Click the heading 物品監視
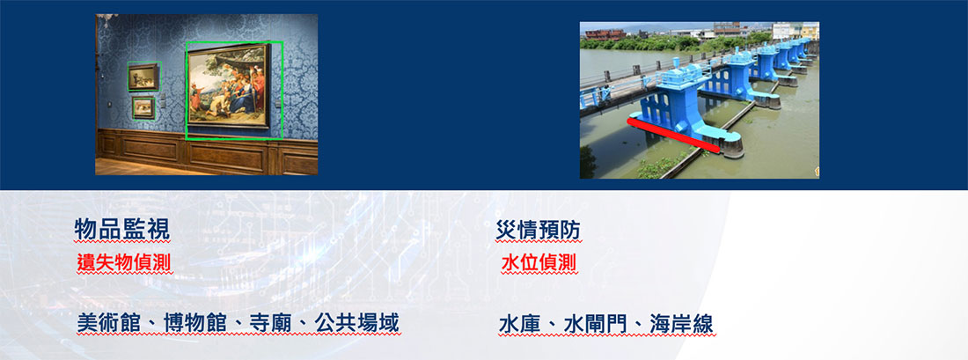pos(121,229)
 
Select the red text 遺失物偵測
pos(124,263)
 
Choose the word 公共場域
pos(356,323)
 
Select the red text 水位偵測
pos(539,263)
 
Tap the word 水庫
pos(520,324)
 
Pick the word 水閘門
pos(595,324)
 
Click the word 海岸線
pos(681,324)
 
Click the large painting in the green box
pos(229,85)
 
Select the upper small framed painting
pos(143,77)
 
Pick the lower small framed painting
pos(143,107)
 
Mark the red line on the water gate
pos(673,136)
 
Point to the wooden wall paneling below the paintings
pos(207,151)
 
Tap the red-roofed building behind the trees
pos(605,34)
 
